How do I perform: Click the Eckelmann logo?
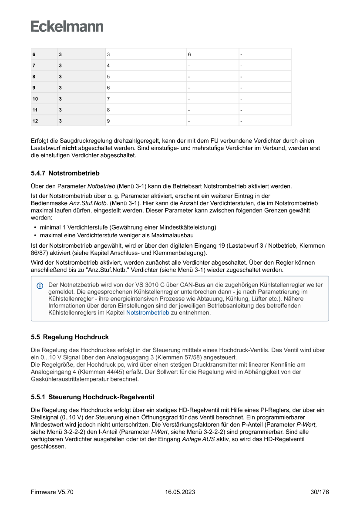67,26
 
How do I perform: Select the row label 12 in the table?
35,121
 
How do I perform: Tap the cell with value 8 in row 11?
108,110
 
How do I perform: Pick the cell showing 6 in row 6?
189,54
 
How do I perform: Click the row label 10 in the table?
35,99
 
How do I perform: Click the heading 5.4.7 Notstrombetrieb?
65,173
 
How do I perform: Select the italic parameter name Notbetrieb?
101,186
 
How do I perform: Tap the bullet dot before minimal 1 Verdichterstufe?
34,227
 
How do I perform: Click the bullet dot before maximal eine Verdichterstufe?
34,235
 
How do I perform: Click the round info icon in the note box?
40,286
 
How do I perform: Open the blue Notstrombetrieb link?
148,313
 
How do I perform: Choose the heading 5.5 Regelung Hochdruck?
70,337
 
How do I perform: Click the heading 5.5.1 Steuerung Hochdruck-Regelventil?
92,397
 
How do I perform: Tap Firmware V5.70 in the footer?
52,492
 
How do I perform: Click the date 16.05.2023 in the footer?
180,492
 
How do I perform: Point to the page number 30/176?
319,492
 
